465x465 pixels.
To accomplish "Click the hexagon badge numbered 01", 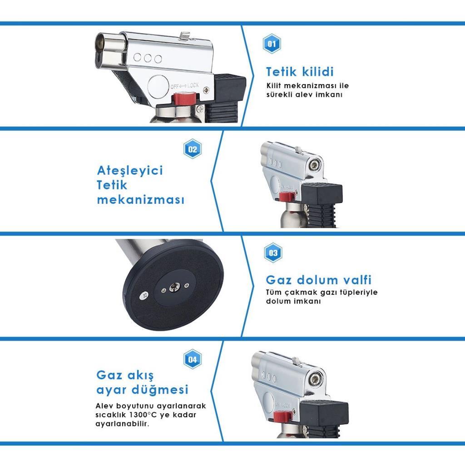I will click(272, 44).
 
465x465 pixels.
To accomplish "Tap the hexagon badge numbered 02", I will click(193, 149).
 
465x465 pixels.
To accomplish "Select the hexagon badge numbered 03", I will click(273, 253).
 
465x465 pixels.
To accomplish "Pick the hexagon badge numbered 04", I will click(193, 360).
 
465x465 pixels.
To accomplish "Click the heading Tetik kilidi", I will click(300, 72).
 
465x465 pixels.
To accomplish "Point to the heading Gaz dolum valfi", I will click(318, 279).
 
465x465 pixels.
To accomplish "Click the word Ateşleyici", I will click(130, 171).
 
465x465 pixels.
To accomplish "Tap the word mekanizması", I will click(141, 200).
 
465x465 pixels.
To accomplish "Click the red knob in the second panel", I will click(287, 197).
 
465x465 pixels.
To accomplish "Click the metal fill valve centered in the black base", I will click(173, 287).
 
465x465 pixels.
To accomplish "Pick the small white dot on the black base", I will click(144, 296).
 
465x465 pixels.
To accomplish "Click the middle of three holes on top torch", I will click(148, 59).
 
